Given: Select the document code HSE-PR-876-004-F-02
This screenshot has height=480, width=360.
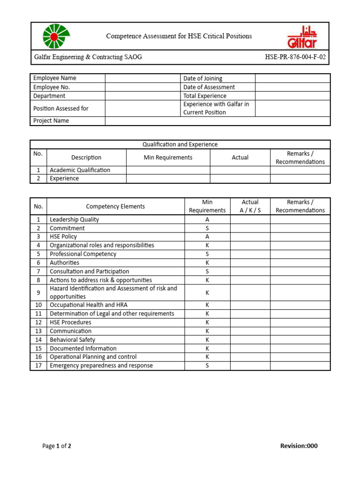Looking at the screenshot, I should [295, 57].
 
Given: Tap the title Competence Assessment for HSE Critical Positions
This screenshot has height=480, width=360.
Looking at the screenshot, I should [179, 36].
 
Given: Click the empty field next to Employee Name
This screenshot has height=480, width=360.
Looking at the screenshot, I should [142, 78].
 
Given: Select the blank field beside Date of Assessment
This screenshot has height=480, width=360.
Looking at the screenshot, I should [292, 87].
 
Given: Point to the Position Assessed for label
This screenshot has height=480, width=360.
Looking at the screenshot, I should [61, 108].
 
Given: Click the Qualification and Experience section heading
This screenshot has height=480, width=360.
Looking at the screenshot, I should [180, 144].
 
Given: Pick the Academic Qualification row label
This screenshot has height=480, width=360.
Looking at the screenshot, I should [80, 170].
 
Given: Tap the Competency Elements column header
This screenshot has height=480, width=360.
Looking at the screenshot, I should [115, 206].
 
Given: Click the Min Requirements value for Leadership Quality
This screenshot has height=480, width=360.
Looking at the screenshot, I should [207, 219].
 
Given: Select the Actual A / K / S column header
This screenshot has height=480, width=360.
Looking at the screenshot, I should [250, 206].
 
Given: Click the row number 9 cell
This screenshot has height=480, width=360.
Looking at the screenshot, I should [38, 292].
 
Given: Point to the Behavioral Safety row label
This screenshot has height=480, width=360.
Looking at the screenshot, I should [72, 340].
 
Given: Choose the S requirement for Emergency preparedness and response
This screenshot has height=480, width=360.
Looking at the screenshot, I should [207, 366].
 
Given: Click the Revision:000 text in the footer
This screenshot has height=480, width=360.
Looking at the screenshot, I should [299, 446].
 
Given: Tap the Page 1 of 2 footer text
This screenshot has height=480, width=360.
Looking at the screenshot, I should [57, 446].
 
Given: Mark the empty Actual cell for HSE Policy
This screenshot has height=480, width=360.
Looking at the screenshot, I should [250, 237].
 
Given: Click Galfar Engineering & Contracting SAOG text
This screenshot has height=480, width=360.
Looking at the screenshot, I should [88, 57].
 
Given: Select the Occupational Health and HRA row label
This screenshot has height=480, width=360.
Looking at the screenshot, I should [89, 305].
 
